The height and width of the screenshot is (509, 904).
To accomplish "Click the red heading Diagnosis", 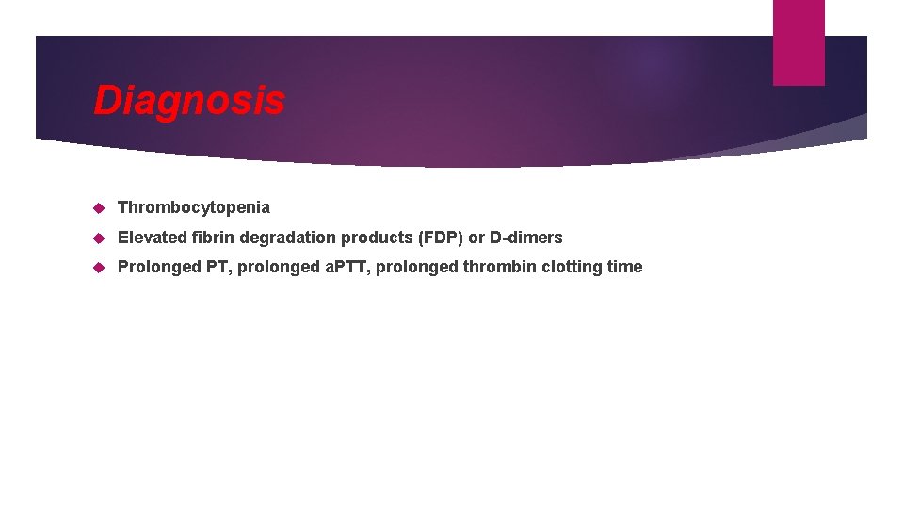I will coord(188,100).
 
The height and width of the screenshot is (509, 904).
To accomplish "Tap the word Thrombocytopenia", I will coord(193,207).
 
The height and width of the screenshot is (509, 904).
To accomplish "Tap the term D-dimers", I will coord(525,238).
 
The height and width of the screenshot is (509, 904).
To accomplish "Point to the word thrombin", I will coord(499,268).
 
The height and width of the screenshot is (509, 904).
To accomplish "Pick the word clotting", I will coord(572,268).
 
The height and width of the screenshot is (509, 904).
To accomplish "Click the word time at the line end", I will coord(624,268).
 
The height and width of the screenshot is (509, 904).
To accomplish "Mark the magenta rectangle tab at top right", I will coord(799,42).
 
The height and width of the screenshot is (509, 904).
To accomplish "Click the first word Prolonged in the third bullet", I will coord(159,268).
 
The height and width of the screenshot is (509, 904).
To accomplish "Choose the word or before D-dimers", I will coord(476,238).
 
